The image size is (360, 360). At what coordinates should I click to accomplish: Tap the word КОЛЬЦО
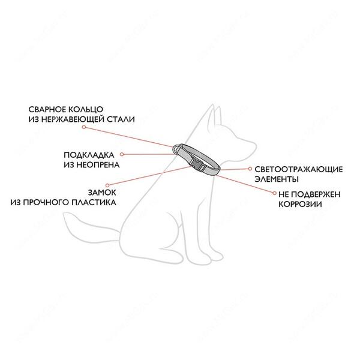[86, 110]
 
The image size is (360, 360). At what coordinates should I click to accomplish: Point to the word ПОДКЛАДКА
[89, 155]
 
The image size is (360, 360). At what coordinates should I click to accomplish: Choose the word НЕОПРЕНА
[98, 165]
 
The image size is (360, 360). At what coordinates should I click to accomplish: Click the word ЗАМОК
[102, 193]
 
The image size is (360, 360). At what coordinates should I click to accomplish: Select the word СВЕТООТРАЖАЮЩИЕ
[299, 169]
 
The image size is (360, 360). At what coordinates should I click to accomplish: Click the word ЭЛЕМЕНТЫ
[277, 179]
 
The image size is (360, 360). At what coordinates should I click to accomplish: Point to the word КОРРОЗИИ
[300, 205]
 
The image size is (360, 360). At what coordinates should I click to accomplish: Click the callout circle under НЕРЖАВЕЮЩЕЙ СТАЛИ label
[84, 127]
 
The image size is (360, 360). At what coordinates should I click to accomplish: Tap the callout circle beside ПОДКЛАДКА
[122, 155]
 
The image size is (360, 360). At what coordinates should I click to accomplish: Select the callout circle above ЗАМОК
[107, 185]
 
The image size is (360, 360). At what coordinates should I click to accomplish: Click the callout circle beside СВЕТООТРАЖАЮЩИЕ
[250, 169]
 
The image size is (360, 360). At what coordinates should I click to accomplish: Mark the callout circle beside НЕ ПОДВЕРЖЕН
[274, 193]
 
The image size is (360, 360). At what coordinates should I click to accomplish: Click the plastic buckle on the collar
[197, 164]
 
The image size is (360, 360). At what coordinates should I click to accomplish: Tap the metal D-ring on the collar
[177, 149]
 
